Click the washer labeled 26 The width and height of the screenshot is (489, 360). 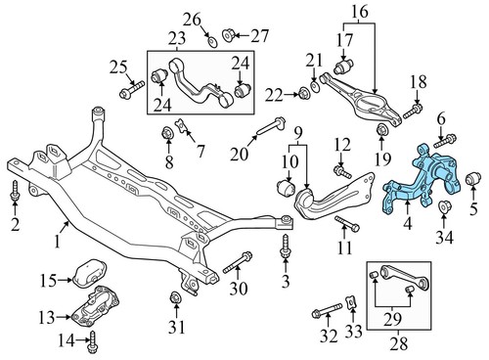pyautogui.click(x=212, y=38)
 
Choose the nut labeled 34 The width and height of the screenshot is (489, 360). pyautogui.click(x=443, y=207)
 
